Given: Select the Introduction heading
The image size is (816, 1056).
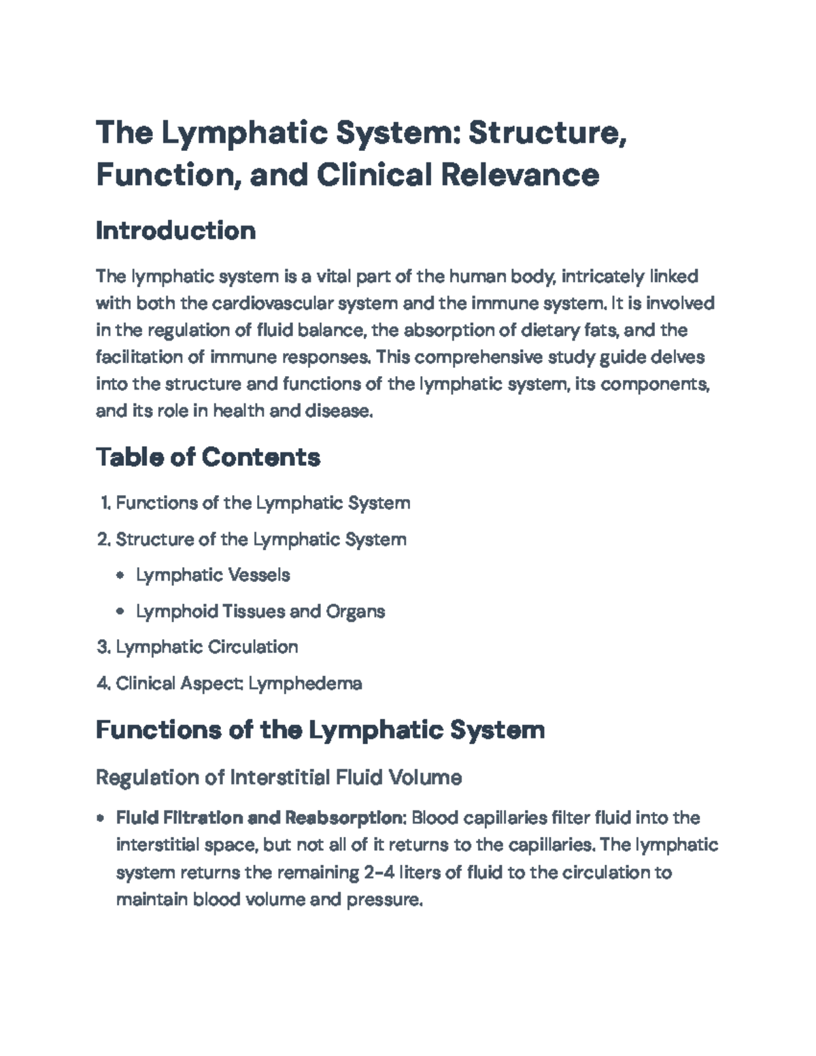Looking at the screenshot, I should pyautogui.click(x=175, y=231).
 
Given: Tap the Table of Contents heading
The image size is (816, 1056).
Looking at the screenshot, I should pyautogui.click(x=207, y=457).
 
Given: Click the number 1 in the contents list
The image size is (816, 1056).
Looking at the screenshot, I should pyautogui.click(x=105, y=503).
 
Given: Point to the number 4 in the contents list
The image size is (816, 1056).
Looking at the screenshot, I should pyautogui.click(x=103, y=683).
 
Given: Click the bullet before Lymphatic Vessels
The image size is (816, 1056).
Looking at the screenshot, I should pyautogui.click(x=120, y=576).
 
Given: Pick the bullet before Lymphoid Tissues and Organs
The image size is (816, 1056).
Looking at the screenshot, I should pyautogui.click(x=120, y=612).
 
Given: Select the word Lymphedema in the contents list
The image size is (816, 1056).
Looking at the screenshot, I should pyautogui.click(x=305, y=683).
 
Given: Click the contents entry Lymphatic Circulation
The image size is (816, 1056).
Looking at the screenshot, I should pyautogui.click(x=207, y=647).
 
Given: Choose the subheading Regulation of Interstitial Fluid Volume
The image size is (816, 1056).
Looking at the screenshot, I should pyautogui.click(x=279, y=777).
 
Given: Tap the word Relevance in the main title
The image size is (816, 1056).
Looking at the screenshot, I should pyautogui.click(x=520, y=175).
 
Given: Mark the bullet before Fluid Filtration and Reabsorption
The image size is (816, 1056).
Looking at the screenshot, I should pyautogui.click(x=101, y=818).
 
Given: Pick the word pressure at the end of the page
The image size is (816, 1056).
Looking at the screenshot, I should pyautogui.click(x=384, y=900).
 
